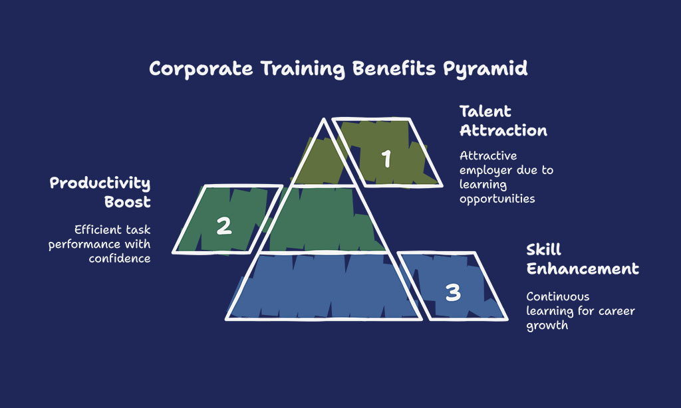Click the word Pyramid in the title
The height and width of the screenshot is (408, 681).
[x=485, y=69]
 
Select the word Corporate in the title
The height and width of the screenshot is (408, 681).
[x=201, y=68]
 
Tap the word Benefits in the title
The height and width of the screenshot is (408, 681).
[x=394, y=68]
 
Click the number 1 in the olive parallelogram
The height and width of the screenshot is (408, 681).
[x=386, y=158]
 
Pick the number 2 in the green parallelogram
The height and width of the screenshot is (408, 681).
[x=224, y=226]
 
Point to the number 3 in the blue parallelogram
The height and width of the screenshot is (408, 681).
[x=453, y=292]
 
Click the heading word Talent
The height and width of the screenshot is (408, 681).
[x=485, y=112]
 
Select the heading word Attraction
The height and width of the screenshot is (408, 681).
[x=503, y=131]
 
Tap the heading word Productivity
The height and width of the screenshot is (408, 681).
[x=100, y=183]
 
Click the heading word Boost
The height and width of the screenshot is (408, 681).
[x=127, y=202]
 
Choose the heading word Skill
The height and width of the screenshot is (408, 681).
[x=544, y=250]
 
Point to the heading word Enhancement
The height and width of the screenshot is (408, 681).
[x=583, y=268]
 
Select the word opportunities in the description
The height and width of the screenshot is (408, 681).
[x=497, y=199]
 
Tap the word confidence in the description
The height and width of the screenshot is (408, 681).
[x=120, y=258]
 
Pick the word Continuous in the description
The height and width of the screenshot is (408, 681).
[x=558, y=296]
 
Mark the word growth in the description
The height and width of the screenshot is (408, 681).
[x=547, y=326]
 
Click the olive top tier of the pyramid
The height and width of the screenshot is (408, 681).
[x=324, y=161]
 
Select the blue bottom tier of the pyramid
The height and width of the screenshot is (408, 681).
[x=324, y=286]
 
